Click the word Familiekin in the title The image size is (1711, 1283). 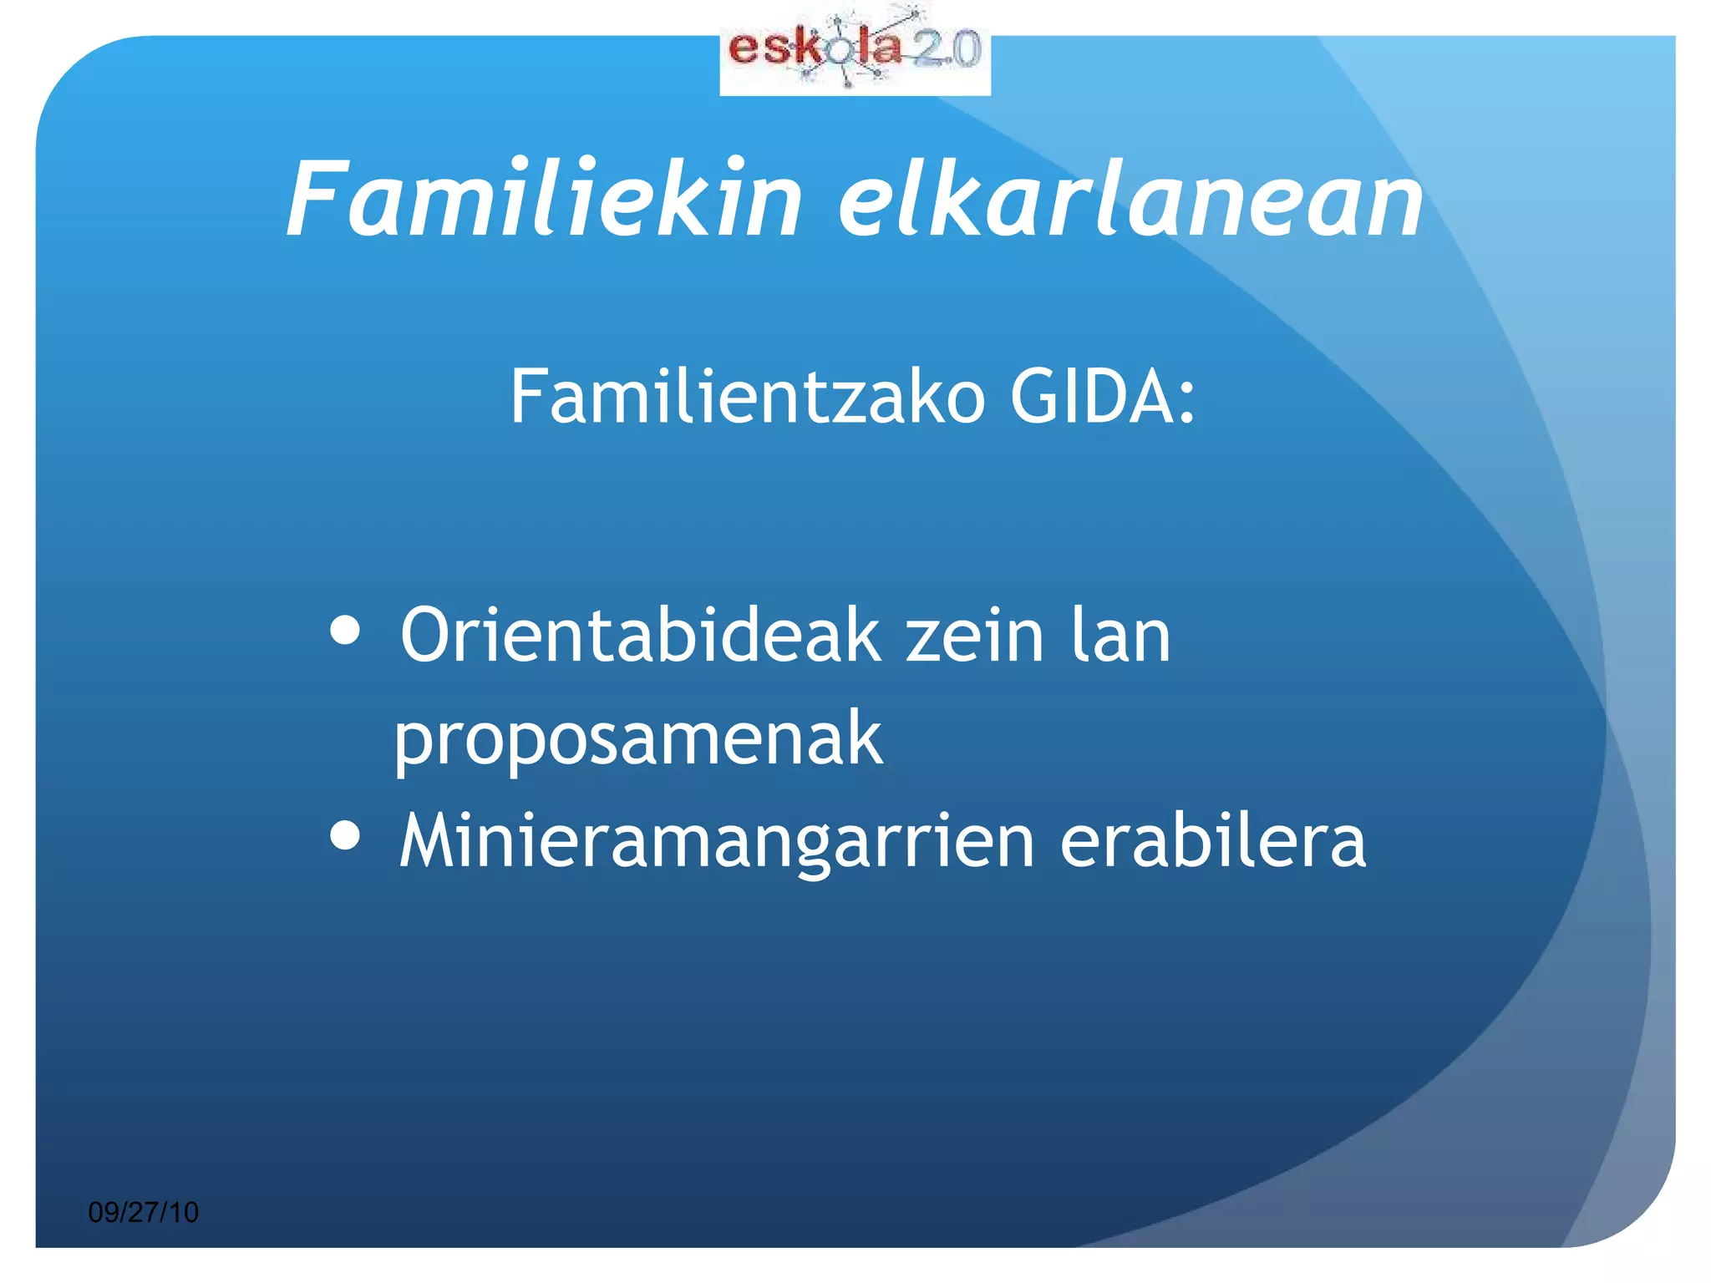click(543, 200)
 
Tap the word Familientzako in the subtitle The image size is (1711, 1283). click(748, 398)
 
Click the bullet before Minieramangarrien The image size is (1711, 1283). click(345, 834)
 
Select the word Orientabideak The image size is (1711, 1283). click(640, 636)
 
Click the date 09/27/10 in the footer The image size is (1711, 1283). click(144, 1212)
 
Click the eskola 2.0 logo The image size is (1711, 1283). click(855, 53)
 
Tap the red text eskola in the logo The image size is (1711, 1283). click(815, 48)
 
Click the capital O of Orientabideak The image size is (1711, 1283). click(428, 636)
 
